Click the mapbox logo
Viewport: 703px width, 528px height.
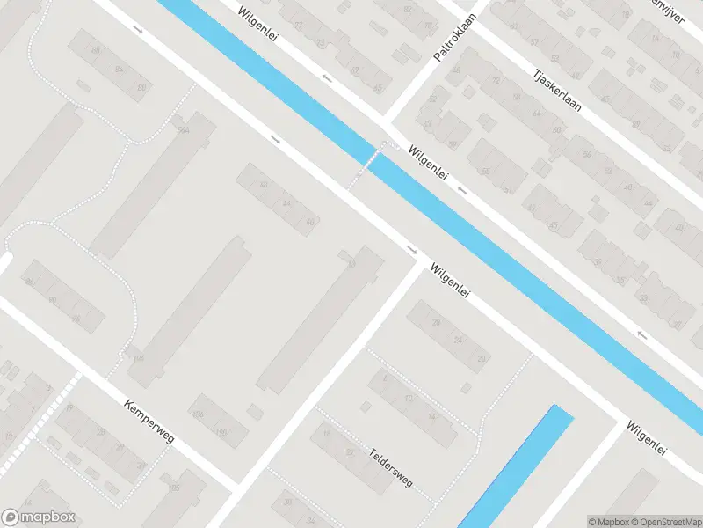tap(39, 517)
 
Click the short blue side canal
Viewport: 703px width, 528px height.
tap(518, 466)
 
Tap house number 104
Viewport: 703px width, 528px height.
tap(138, 358)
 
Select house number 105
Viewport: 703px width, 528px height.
tap(173, 488)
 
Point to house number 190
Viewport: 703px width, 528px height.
tap(221, 432)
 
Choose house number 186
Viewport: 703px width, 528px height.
tap(198, 414)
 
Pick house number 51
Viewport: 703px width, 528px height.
tap(507, 189)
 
